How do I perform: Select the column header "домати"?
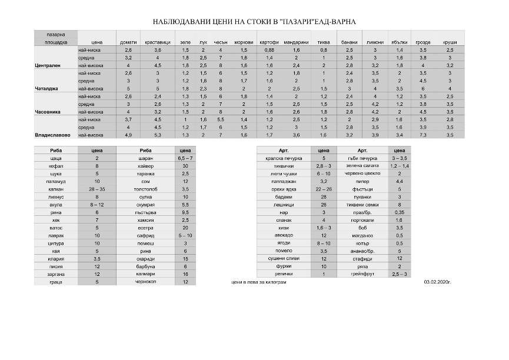[x=128, y=42]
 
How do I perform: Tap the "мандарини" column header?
[x=296, y=42]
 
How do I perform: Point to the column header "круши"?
[x=450, y=42]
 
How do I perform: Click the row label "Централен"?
[x=48, y=66]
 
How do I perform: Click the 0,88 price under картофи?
[x=269, y=51]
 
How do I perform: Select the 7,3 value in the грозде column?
[x=423, y=135]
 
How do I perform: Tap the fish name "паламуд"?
[x=56, y=181]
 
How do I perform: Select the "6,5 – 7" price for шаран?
[x=185, y=158]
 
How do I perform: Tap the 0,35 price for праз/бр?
[x=399, y=212]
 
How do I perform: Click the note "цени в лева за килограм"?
[x=260, y=282]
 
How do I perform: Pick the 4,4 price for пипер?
[x=399, y=181]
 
